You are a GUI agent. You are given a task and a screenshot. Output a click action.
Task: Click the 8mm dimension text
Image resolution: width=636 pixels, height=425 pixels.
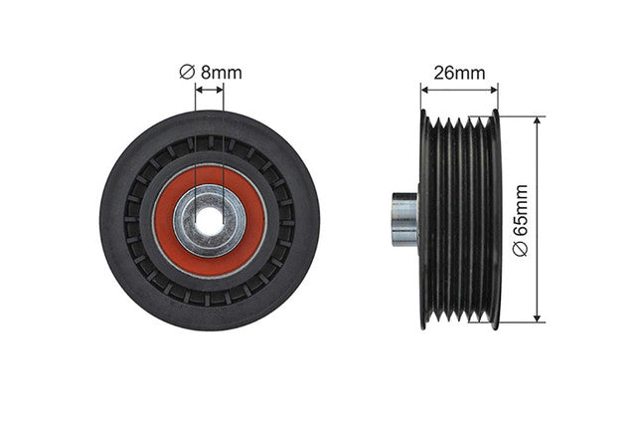222,73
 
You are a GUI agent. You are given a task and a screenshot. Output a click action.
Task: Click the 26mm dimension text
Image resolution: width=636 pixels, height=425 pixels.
459,73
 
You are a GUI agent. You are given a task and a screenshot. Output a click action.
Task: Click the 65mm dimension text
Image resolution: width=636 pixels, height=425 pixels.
521,210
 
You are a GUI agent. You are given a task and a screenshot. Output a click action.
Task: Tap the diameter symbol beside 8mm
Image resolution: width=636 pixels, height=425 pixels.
187,73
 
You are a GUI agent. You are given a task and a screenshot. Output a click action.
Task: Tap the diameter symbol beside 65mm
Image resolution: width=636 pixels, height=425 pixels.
521,249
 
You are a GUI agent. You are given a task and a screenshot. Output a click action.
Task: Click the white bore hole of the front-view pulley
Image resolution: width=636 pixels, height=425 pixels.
210,221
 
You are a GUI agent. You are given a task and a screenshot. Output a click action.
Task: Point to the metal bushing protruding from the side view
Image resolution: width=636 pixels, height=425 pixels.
404,219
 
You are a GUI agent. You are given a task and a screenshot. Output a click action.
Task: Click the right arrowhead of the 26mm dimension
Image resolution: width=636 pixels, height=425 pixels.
494,90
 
